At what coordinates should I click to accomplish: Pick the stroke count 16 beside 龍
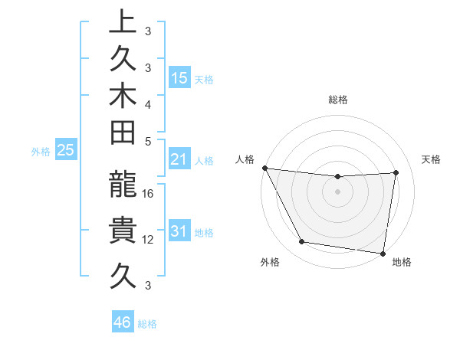(149, 194)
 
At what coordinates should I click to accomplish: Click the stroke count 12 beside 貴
(149, 239)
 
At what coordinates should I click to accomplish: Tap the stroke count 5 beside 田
(147, 140)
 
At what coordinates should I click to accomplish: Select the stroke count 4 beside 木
(147, 103)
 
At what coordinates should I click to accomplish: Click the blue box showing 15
(179, 77)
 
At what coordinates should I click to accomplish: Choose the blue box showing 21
(179, 160)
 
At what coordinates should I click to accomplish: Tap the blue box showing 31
(179, 231)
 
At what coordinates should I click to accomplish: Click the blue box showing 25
(65, 151)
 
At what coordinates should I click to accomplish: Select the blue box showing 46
(123, 322)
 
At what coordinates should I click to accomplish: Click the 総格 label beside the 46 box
(147, 324)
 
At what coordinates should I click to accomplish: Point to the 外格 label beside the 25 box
(41, 152)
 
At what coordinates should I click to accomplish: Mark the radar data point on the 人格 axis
(264, 168)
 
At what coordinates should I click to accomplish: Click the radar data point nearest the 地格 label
(383, 253)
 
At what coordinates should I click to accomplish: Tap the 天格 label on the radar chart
(432, 159)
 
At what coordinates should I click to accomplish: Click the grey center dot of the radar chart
(337, 191)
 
